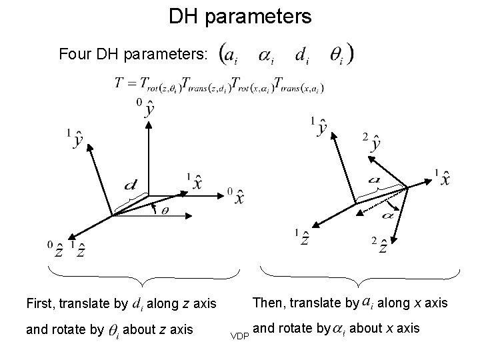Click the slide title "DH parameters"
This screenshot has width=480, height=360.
point(239,16)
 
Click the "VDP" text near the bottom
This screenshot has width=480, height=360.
point(239,335)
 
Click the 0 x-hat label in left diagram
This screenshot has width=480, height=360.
point(237,197)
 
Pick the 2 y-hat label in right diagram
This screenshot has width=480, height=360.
point(373,142)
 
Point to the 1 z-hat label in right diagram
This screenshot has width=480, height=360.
point(302,238)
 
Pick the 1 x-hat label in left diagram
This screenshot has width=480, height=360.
point(195,180)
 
